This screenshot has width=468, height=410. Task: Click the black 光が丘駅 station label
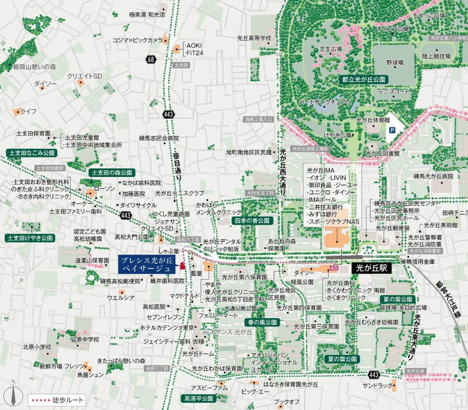tap(372, 268)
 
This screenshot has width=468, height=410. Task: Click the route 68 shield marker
tap(151, 60)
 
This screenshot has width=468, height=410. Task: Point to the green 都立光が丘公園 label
tap(363, 80)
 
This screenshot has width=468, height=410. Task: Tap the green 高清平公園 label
tap(197, 398)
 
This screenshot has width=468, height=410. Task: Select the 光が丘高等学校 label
tap(254, 38)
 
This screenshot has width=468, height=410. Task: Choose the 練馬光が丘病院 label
tap(433, 176)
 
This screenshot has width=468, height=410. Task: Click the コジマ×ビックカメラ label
tap(137, 40)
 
